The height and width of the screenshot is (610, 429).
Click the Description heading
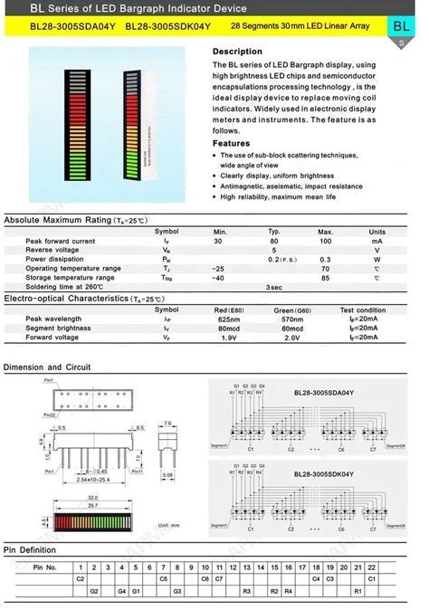pyautogui.click(x=237, y=52)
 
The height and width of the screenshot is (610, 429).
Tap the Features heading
pyautogui.click(x=232, y=143)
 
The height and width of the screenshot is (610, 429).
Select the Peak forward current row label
pyautogui.click(x=61, y=242)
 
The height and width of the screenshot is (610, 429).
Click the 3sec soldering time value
pyautogui.click(x=272, y=286)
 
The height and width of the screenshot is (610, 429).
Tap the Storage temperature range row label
pyautogui.click(x=72, y=278)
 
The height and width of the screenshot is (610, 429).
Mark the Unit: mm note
pyautogui.click(x=167, y=525)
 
